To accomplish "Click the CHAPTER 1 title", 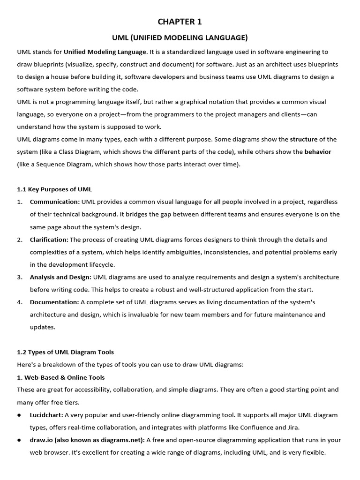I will click(x=180, y=22).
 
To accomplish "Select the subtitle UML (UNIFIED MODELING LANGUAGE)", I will click(x=180, y=37).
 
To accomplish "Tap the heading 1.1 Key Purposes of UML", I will click(x=54, y=189).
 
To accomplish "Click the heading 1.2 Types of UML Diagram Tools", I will click(x=65, y=352).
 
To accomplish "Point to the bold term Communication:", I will click(x=55, y=202).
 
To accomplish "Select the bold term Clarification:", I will click(x=49, y=240).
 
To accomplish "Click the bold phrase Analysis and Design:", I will click(x=60, y=277).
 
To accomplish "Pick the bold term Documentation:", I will click(x=54, y=302).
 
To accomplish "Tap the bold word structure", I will click(x=304, y=139).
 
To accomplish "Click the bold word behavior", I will click(x=318, y=152).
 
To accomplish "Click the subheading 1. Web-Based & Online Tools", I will click(x=61, y=377).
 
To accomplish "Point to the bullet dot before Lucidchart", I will click(x=20, y=415).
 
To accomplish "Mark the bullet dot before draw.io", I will click(x=20, y=441).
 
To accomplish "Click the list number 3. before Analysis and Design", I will click(x=20, y=277).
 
